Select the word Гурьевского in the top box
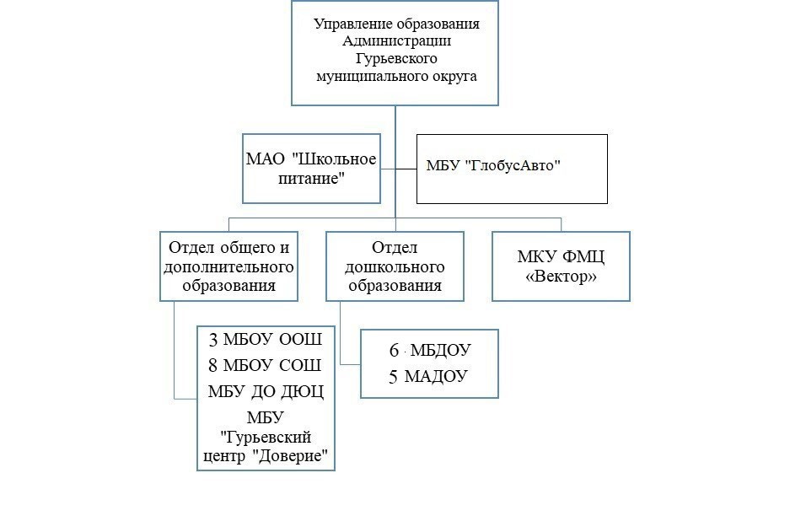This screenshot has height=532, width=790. click(396, 59)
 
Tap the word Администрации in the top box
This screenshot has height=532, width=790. click(397, 41)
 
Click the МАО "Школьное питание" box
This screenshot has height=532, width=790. click(311, 169)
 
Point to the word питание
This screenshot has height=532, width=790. click(309, 178)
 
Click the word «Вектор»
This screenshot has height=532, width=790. click(561, 276)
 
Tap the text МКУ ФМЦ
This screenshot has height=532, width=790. click(561, 257)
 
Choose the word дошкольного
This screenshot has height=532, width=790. click(395, 266)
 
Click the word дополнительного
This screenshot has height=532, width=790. click(229, 266)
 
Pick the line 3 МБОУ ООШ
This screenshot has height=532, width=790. click(266, 340)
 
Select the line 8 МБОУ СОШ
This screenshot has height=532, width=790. click(266, 366)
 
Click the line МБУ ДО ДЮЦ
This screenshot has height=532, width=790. click(266, 392)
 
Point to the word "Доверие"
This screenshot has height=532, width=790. click(290, 457)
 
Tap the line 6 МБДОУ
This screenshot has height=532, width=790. click(429, 351)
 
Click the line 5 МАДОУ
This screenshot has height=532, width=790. click(429, 376)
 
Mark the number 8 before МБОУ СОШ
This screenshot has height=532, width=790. click(213, 366)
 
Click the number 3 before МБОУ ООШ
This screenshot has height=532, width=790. click(213, 340)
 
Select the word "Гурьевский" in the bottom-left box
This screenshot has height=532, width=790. click(266, 438)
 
